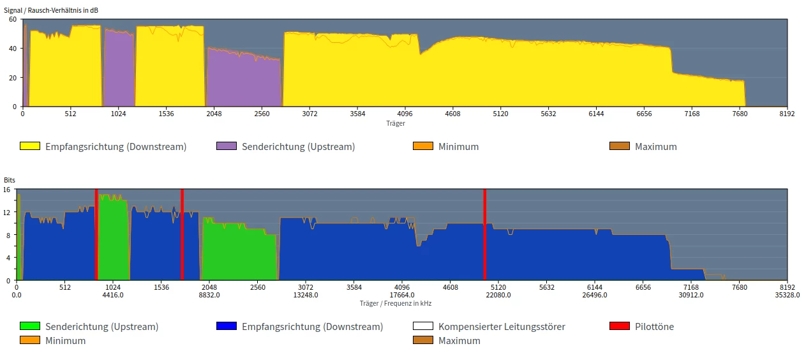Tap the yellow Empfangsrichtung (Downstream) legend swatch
pos(30,146)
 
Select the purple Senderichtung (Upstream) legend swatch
pos(227,146)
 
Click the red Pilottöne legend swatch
pos(620,326)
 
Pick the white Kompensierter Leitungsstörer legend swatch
pos(423,326)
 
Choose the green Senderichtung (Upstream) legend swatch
pos(30,326)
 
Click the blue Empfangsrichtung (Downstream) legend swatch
pos(227,326)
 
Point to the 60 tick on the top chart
pos(13,19)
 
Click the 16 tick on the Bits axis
pos(7,189)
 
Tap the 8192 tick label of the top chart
pos(787,114)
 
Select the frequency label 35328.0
pos(787,295)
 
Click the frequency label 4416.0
pos(113,295)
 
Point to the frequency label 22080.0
pos(498,295)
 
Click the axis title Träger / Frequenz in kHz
pos(395,303)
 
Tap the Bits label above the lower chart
pos(10,181)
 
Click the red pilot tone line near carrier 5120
pos(485,234)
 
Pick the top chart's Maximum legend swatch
pos(620,146)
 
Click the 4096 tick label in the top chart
pos(405,114)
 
